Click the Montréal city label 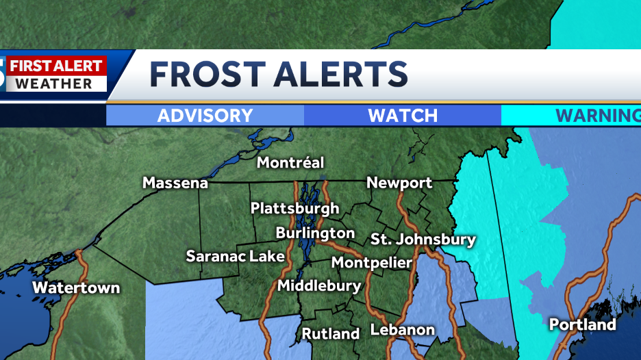pos(290,163)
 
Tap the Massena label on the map pos(175,183)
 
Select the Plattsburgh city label pos(294,208)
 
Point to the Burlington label pos(315,233)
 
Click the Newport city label pos(399,183)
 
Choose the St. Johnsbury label pos(423,240)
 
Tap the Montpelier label pos(372,262)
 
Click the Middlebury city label pos(319,285)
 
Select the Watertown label pos(76,287)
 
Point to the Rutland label pos(331,334)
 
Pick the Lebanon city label pos(403,330)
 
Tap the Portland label pos(583,324)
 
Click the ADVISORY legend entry pos(205,116)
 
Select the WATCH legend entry pos(403,116)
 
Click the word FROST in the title pos(207,74)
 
